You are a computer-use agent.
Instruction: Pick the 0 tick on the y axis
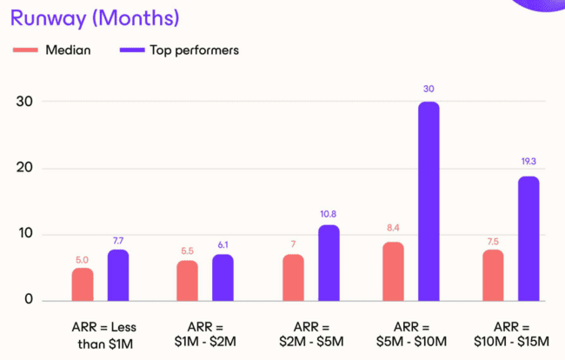pos(29,300)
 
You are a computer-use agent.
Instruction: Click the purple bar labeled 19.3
pos(528,238)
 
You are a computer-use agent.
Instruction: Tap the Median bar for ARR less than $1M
pos(83,284)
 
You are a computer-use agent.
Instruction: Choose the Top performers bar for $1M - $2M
pos(223,277)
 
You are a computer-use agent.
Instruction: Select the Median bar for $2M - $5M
pos(293,277)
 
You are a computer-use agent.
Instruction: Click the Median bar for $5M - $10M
pos(393,271)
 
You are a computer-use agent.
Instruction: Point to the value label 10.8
pos(328,213)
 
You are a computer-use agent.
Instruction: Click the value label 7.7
pos(118,239)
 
